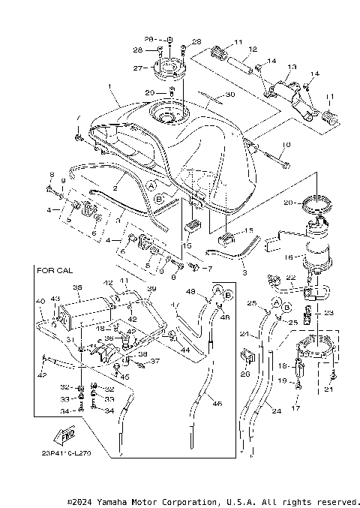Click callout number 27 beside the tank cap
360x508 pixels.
pos(137,68)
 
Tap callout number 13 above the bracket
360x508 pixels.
pos(292,67)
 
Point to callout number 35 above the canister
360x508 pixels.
pos(76,287)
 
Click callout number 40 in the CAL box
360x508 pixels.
pos(39,302)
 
